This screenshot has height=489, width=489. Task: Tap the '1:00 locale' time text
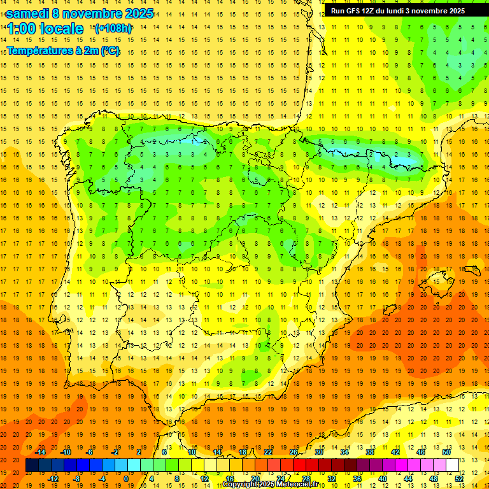coord(45,29)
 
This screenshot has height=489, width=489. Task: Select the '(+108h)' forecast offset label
coord(113,29)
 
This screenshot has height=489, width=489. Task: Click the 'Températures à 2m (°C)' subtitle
coord(63,51)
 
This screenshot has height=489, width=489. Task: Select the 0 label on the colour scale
coord(126,479)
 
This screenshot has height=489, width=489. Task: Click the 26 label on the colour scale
coord(294,452)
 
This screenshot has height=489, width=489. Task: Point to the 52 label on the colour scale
coord(459,479)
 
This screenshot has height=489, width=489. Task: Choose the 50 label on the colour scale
coord(446,452)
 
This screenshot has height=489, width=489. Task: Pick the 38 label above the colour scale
coord(370,452)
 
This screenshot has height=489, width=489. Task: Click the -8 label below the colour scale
coord(77,479)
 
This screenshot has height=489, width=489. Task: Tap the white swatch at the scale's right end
coord(453,465)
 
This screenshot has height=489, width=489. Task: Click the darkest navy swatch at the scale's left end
coord(32,465)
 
